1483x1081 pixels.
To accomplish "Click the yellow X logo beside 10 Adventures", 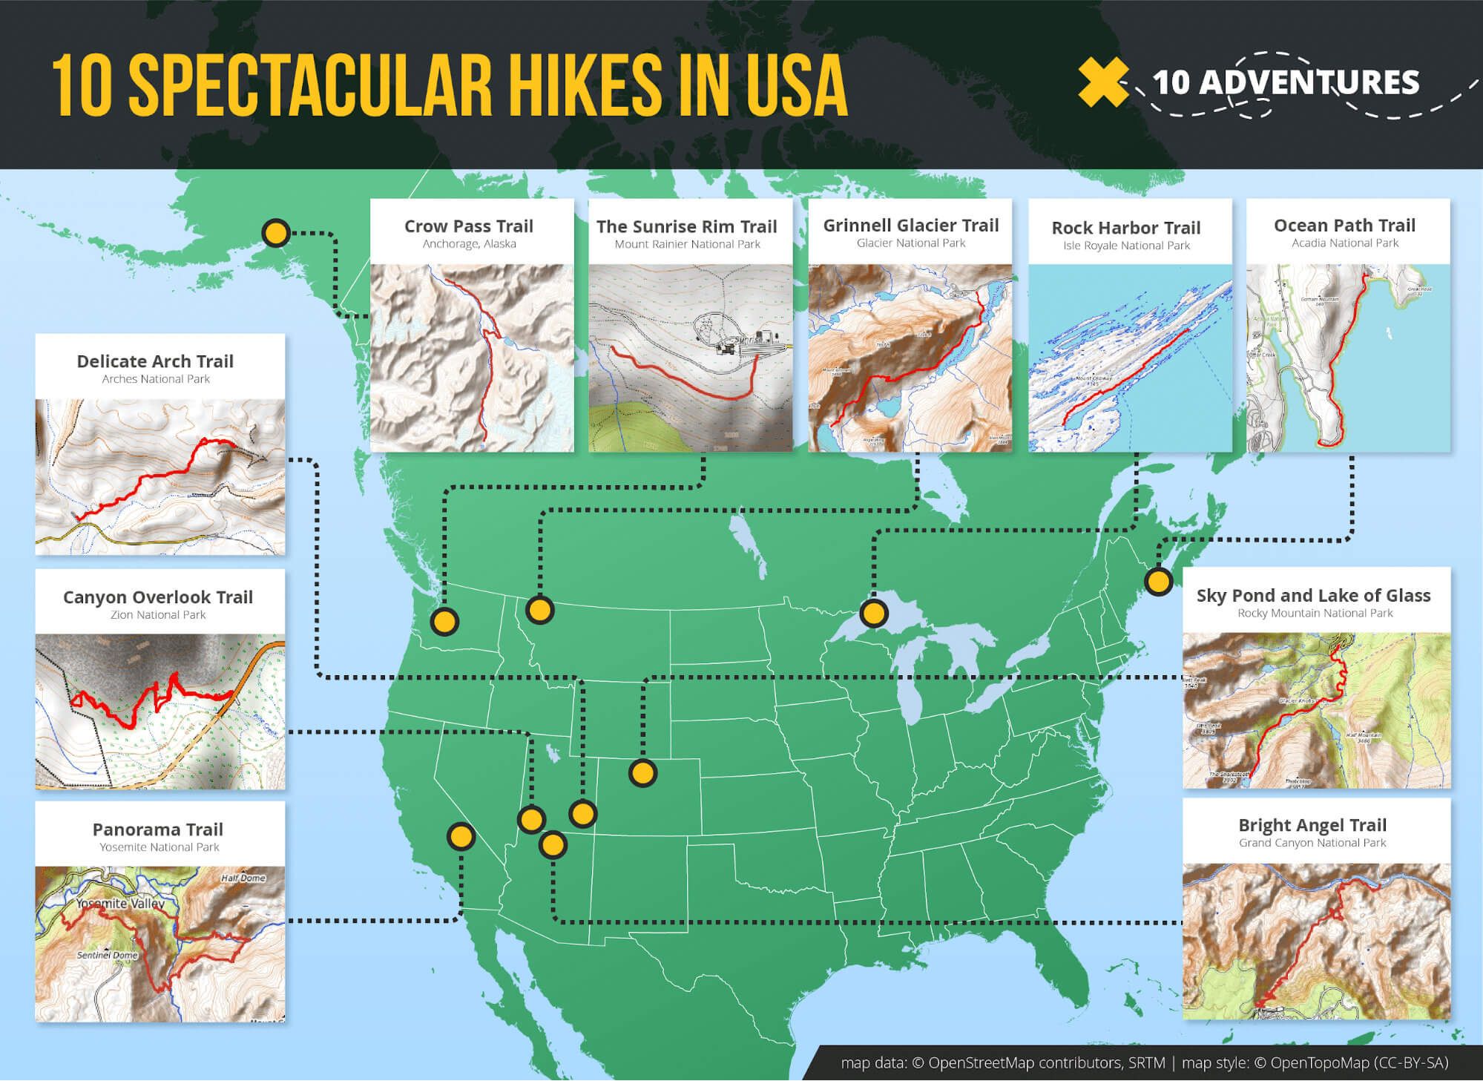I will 1102,83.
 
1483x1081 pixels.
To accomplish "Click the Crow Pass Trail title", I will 468,226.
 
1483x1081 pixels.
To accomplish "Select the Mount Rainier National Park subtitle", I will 687,244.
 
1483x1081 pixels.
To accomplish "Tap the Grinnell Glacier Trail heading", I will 910,226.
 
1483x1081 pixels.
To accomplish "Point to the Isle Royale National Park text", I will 1125,246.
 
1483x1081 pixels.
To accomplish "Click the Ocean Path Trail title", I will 1344,226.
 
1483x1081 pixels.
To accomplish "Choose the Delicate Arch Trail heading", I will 155,361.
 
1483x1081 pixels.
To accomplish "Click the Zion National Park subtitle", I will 158,615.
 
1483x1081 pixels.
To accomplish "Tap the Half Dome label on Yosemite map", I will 243,878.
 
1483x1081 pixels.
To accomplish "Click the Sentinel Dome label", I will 108,956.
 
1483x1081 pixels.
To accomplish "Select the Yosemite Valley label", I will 119,904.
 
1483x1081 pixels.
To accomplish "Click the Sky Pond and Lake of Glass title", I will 1312,596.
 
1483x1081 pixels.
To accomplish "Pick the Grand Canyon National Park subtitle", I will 1312,843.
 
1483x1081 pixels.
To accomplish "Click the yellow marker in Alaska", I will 276,234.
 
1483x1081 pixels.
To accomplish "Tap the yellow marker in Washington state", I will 444,621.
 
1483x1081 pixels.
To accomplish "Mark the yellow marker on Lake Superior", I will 873,614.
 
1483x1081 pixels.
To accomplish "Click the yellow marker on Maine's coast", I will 1157,581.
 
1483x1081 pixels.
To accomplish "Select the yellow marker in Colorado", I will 642,773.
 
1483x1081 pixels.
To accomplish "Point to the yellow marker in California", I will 461,837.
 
